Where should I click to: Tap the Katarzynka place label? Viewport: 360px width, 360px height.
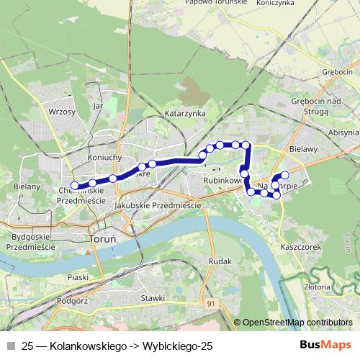coord(186,114)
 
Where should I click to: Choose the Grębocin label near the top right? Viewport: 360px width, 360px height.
coord(337,73)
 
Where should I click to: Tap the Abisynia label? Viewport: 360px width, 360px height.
coord(343,132)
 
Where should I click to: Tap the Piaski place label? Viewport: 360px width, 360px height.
coord(77,276)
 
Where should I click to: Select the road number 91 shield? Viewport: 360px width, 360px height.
coord(211,305)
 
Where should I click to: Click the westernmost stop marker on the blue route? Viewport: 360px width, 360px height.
coord(75,186)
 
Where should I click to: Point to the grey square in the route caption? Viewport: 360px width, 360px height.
coord(10,346)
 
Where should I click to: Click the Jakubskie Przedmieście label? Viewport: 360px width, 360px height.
coord(157,205)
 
